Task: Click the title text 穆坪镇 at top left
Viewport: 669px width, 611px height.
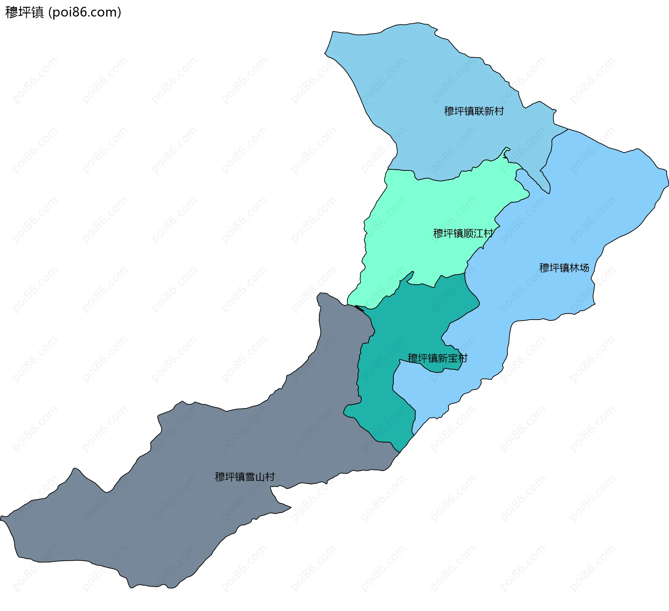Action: pyautogui.click(x=24, y=12)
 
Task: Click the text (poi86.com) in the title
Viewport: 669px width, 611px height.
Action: pyautogui.click(x=85, y=12)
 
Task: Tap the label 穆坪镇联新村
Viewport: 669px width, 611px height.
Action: pyautogui.click(x=474, y=111)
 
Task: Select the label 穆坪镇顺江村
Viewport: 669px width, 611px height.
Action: pyautogui.click(x=463, y=233)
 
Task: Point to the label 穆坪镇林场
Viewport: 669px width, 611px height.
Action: pyautogui.click(x=564, y=268)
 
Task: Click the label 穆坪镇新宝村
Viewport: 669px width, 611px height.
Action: pyautogui.click(x=437, y=358)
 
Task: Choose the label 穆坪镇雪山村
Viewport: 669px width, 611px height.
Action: pyautogui.click(x=245, y=476)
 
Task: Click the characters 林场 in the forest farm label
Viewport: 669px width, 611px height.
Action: pyautogui.click(x=579, y=268)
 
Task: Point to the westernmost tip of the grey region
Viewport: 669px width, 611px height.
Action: pyautogui.click(x=2, y=518)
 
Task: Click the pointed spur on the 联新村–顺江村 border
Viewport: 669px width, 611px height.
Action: pyautogui.click(x=506, y=151)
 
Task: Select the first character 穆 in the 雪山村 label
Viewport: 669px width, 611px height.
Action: pyautogui.click(x=220, y=476)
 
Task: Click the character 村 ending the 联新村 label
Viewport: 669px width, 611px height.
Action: pyautogui.click(x=499, y=111)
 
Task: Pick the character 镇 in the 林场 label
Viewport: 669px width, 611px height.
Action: pyautogui.click(x=564, y=268)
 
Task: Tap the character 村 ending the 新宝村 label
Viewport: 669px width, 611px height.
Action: pyautogui.click(x=462, y=358)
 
